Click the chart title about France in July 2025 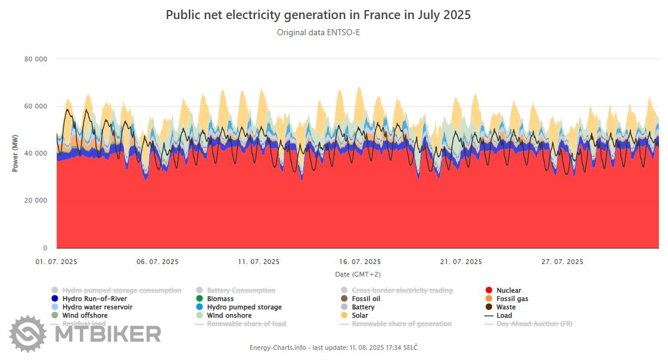pyautogui.click(x=318, y=15)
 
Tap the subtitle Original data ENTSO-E pyautogui.click(x=318, y=32)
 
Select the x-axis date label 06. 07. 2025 pyautogui.click(x=157, y=262)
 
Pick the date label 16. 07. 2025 pyautogui.click(x=360, y=262)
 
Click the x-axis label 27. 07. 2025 pyautogui.click(x=562, y=262)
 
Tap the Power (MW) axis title pyautogui.click(x=15, y=153)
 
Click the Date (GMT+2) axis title pyautogui.click(x=358, y=274)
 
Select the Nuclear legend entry pyautogui.click(x=508, y=290)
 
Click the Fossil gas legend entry pyautogui.click(x=512, y=299)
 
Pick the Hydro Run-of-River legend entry pyautogui.click(x=94, y=299)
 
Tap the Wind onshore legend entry pyautogui.click(x=229, y=315)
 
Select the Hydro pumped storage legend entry pyautogui.click(x=244, y=307)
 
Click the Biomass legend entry pyautogui.click(x=220, y=299)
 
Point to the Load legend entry pyautogui.click(x=504, y=315)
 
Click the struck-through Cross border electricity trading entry pyautogui.click(x=402, y=290)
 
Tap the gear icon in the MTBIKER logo pyautogui.click(x=27, y=334)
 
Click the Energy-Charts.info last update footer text pyautogui.click(x=334, y=347)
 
